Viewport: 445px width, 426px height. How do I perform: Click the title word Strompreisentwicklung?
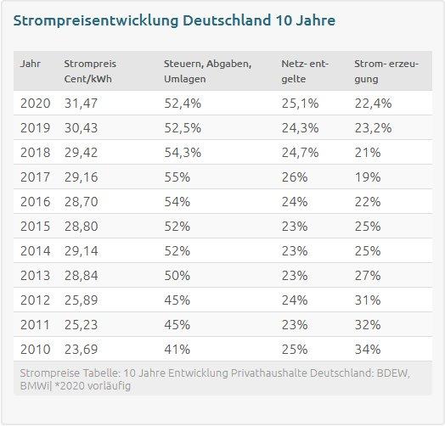click(x=96, y=21)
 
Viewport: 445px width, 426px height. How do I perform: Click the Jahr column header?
click(x=31, y=64)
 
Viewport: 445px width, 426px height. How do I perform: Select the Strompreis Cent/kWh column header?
click(x=90, y=71)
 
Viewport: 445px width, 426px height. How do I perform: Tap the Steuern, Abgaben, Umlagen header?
click(x=207, y=71)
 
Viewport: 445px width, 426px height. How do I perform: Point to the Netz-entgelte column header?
click(x=305, y=71)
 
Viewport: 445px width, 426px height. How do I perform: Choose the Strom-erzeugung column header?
click(x=386, y=71)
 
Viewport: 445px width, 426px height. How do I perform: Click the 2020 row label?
click(x=35, y=104)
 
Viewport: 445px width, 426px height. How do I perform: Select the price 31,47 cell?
click(x=81, y=104)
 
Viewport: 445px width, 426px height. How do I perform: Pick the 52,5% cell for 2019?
click(x=183, y=128)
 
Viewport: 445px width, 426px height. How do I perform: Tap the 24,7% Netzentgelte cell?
click(x=300, y=153)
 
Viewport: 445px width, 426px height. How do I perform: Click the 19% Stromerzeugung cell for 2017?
click(x=368, y=177)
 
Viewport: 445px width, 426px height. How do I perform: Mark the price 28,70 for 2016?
click(x=82, y=202)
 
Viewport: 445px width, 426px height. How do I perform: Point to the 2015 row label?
click(x=35, y=227)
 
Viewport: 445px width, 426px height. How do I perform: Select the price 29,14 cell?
click(x=82, y=251)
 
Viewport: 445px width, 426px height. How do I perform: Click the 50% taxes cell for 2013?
click(x=177, y=276)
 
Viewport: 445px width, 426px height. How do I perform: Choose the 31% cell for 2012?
click(x=368, y=300)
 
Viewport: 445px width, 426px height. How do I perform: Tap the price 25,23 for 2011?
click(x=81, y=325)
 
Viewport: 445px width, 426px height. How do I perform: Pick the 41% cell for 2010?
click(x=177, y=350)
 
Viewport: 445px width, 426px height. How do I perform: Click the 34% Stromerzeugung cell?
click(x=368, y=350)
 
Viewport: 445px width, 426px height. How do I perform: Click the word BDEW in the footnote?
click(x=393, y=373)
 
